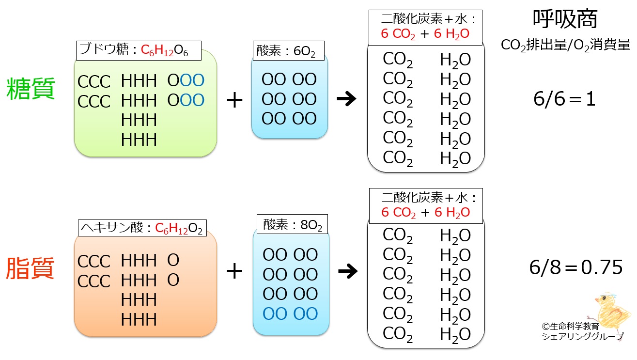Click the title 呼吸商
[x=565, y=19]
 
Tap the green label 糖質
[x=31, y=89]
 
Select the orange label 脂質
[x=30, y=268]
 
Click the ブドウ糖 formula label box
[x=139, y=50]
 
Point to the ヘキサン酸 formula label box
[x=142, y=228]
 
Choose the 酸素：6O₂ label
[x=288, y=50]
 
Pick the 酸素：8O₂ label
[x=292, y=224]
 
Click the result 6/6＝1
[x=564, y=99]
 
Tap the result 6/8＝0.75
[x=575, y=267]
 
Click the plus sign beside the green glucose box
[x=234, y=100]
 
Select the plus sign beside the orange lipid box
[x=234, y=271]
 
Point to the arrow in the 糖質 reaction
[x=346, y=99]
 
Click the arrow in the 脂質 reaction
[x=348, y=271]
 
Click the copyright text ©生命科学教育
[x=571, y=326]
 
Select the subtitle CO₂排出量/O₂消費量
[x=566, y=45]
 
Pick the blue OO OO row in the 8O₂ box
[x=290, y=313]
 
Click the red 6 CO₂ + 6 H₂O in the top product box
[x=425, y=34]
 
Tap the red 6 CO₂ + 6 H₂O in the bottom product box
[x=426, y=212]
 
